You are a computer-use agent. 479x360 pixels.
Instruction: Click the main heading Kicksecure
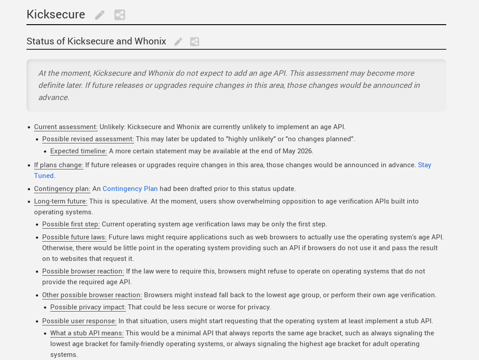point(56,14)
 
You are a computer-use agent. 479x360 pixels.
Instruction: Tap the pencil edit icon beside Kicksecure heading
point(100,15)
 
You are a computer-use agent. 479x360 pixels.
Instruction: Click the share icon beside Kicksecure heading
point(119,15)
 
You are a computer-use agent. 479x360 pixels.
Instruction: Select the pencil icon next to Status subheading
point(179,42)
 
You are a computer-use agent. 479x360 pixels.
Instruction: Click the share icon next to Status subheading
point(194,42)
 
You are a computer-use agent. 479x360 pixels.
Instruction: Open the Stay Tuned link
point(424,165)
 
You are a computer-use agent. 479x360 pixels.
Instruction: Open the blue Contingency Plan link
point(130,189)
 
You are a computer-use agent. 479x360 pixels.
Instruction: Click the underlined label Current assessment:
point(65,127)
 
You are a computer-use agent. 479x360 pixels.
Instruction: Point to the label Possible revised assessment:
point(88,139)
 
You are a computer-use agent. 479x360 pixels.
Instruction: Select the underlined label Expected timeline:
point(78,151)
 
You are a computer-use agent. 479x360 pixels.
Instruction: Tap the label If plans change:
point(58,165)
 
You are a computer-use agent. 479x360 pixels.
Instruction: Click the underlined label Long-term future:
point(61,201)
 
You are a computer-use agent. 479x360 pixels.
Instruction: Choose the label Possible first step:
point(71,224)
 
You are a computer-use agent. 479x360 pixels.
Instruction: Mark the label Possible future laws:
point(74,237)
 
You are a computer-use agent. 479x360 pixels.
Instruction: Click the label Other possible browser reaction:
point(92,295)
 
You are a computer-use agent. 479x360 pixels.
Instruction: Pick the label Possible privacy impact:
point(88,307)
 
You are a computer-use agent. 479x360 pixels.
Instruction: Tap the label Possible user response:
point(79,321)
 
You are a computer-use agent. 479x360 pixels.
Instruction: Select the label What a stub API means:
point(87,333)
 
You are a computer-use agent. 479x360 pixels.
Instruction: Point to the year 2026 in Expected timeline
point(304,151)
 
